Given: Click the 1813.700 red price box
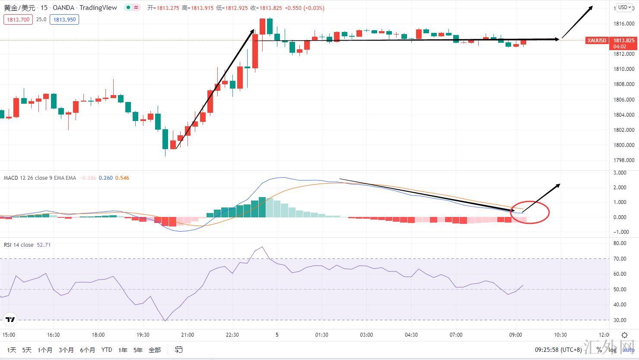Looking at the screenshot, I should coord(18,19).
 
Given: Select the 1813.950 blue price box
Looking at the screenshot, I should coord(64,19).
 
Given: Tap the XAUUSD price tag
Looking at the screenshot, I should coord(597,41).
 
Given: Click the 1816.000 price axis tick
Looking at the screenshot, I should coord(624,23).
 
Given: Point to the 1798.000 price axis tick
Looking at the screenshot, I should coord(624,160).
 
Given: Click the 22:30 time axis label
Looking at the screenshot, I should coord(232,335).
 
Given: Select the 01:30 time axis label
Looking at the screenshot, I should coord(321,335).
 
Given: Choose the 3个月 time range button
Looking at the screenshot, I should coord(66,350).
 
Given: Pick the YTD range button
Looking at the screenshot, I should coord(106,350).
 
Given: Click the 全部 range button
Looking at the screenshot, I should coord(154,350).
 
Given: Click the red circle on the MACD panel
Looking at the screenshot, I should coord(530,212).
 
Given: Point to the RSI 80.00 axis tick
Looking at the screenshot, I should coord(620,243).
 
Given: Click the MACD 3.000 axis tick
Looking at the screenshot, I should coord(620,173).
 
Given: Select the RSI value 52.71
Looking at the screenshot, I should coord(44,245).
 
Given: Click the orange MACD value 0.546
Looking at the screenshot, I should coord(122,178).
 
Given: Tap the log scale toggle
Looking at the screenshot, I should coord(612,350).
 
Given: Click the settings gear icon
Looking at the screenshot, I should coord(624,335).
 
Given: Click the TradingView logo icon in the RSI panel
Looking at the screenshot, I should coord(10,320).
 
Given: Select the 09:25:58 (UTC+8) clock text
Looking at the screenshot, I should coord(558,350).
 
